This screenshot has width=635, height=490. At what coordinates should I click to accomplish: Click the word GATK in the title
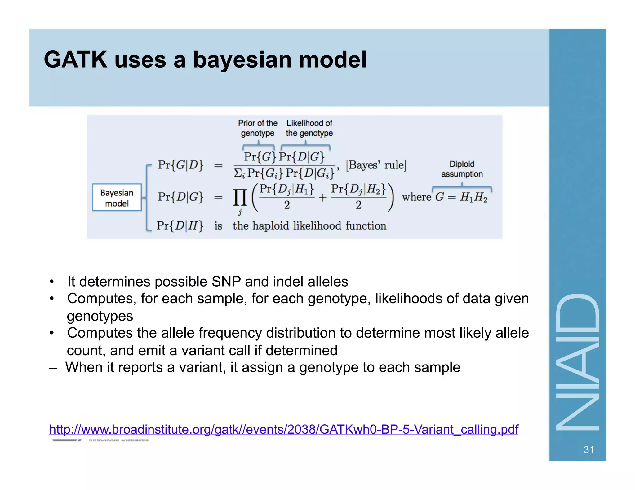pos(75,59)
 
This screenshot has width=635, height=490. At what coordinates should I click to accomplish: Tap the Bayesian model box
pos(117,198)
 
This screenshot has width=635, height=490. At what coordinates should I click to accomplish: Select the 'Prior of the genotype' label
pos(257,128)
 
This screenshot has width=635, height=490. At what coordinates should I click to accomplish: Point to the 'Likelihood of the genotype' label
pos(309,128)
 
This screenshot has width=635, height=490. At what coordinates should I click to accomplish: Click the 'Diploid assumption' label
pos(462,169)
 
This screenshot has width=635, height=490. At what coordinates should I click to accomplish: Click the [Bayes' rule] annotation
pos(376,165)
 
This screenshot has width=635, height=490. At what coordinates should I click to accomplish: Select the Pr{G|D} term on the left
pos(180,165)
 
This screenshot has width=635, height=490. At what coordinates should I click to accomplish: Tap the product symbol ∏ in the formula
pos(240,198)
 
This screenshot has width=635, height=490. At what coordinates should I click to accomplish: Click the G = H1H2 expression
pos(461,197)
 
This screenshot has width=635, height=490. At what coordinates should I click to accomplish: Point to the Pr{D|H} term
pos(180,225)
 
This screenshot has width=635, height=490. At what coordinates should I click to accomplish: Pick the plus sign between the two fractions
pos(322,198)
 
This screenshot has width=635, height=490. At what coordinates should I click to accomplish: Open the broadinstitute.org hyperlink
pos(283,430)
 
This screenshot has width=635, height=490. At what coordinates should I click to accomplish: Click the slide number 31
pos(588,449)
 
